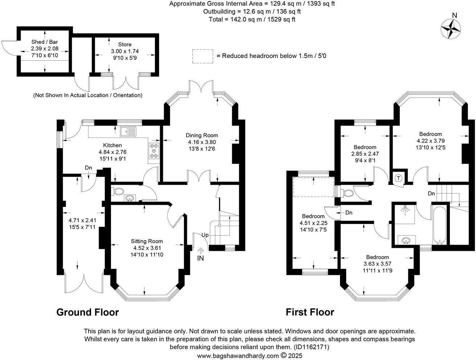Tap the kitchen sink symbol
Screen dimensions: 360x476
pos(129,131)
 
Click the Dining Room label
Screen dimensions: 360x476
pos(202,135)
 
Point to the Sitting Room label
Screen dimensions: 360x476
pos(147,241)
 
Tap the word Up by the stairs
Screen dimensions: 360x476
pos(205,235)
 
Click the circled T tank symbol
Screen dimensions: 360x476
pos(398,178)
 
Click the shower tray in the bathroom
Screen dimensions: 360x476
pos(404,214)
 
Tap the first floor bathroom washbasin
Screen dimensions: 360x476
pos(405,240)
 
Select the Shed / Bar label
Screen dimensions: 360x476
pos(45,42)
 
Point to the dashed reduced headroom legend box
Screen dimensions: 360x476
pos(202,56)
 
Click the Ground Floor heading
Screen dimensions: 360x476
pos(87,312)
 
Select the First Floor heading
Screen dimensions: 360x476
pos(310,312)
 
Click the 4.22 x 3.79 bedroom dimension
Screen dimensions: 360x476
pos(430,141)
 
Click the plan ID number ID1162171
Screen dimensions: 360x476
pos(311,347)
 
